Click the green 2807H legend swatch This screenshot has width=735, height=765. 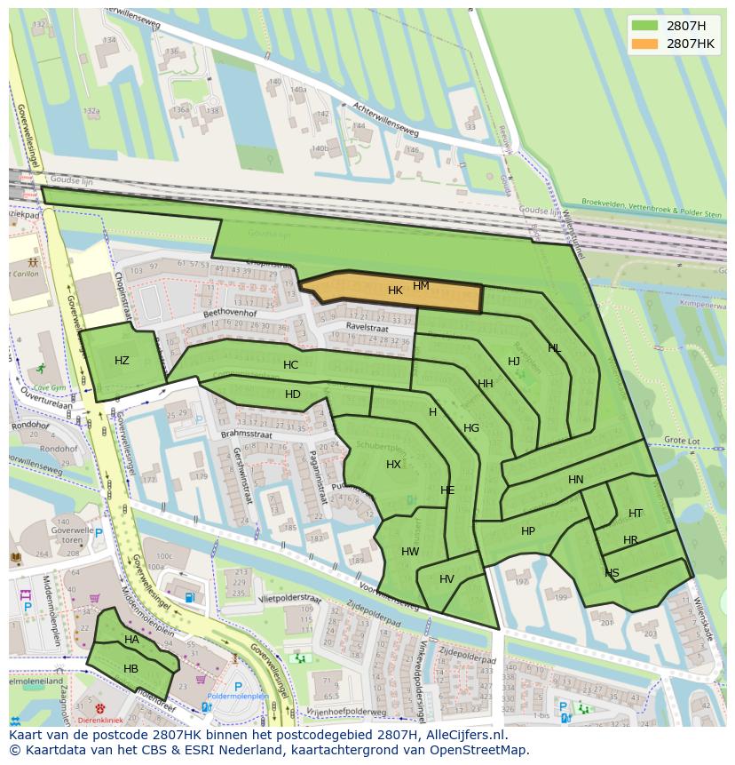645,26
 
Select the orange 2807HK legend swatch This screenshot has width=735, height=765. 645,44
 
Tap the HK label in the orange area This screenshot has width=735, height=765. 395,291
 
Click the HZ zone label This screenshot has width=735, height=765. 122,360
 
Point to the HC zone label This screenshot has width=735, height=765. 290,365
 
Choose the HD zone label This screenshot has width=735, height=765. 293,394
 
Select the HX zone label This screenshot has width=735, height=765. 393,465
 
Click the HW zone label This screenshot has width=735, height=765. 410,552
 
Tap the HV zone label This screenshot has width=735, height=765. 447,579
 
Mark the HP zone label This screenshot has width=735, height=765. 528,531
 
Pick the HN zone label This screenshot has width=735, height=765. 576,480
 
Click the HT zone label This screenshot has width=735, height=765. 636,514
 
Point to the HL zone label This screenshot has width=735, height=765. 554,348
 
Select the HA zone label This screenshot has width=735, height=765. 131,640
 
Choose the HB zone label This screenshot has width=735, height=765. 130,669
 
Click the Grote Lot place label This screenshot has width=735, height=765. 682,441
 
